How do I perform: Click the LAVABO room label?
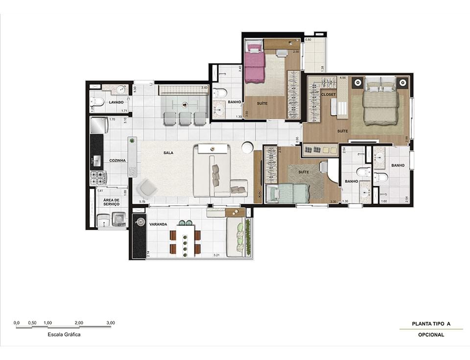pos(116,102)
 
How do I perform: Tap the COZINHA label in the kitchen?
pos(117,160)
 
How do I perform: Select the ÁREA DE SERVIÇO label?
pos(112,202)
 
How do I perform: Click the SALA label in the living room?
pos(168,153)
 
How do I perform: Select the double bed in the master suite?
pos(380,103)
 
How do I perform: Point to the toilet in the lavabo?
pos(98,102)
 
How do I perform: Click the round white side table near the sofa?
pos(247,146)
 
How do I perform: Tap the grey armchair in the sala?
pos(146,188)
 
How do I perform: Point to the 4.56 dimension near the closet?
pos(343,78)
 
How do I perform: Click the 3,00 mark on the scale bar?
pos(111,323)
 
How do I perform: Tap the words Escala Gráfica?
pos(64,335)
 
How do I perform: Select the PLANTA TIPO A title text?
pos(431,324)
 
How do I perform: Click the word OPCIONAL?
pos(431,335)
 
